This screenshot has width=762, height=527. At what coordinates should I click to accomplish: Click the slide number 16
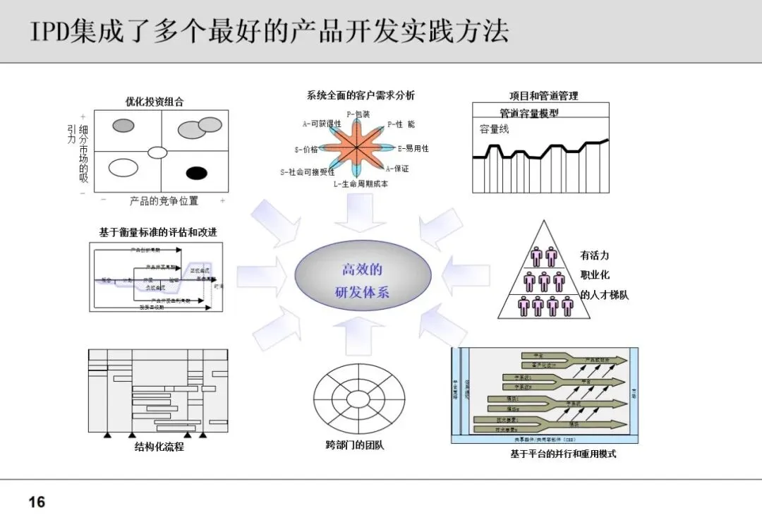tap(37, 502)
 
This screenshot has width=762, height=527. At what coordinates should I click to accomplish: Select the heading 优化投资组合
tap(155, 102)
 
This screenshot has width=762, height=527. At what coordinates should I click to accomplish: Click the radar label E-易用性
tap(413, 149)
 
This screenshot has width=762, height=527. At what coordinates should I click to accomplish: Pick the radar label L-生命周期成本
tap(361, 185)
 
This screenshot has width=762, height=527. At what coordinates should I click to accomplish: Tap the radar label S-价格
tap(306, 150)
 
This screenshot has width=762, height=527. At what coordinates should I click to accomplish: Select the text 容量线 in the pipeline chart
tap(494, 129)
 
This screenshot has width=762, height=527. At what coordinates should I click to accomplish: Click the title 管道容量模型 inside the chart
tap(529, 113)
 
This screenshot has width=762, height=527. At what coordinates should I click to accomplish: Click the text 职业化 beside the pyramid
tap(595, 275)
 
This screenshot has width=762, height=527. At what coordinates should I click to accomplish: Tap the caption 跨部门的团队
tap(355, 445)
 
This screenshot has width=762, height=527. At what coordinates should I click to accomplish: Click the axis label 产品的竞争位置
tap(164, 201)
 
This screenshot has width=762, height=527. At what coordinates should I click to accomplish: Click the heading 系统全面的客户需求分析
tap(361, 95)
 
